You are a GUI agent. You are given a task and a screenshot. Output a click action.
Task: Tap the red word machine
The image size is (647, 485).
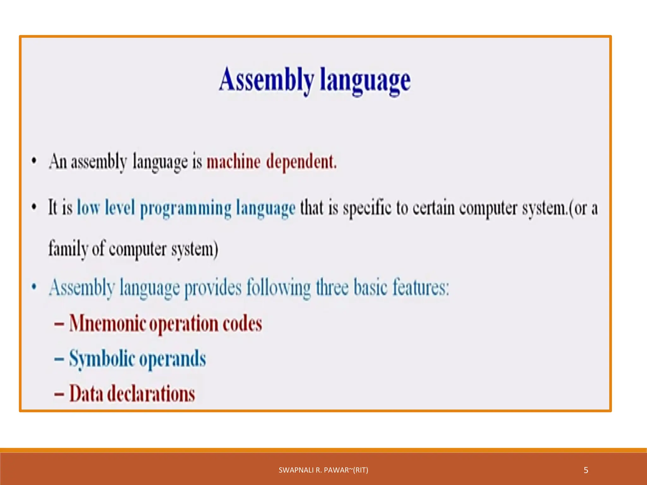(233, 162)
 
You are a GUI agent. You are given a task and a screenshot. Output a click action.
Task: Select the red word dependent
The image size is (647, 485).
(301, 162)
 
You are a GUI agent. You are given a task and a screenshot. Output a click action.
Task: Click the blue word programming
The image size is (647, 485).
(186, 209)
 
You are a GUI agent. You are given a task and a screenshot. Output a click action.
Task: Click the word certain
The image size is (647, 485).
(433, 208)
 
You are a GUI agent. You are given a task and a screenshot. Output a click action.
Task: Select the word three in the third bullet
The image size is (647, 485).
(332, 288)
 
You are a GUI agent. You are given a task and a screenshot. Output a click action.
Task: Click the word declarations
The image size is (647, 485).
(151, 394)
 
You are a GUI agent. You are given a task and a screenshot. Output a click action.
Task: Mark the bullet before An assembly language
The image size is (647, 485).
(34, 161)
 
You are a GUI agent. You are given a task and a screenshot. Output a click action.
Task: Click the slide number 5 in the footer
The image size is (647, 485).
(586, 470)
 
